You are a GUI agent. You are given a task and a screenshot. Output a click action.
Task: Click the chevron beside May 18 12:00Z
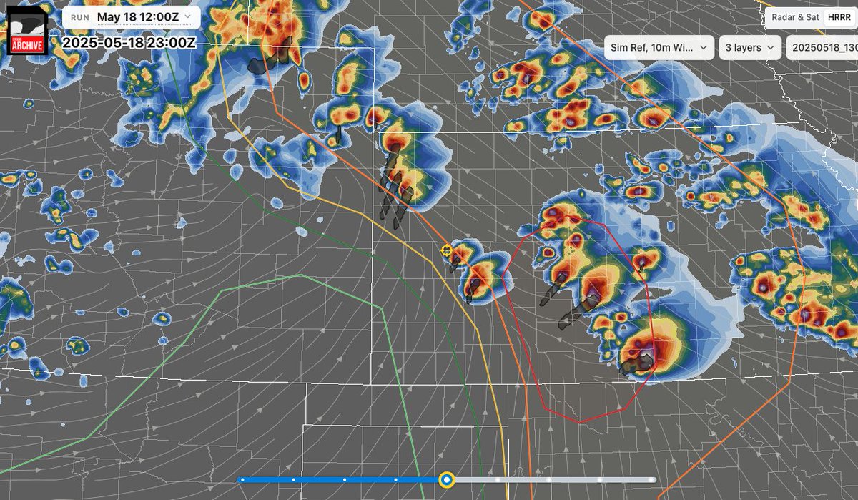pyautogui.click(x=187, y=16)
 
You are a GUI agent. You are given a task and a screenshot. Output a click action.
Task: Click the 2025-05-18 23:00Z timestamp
pyautogui.click(x=128, y=42)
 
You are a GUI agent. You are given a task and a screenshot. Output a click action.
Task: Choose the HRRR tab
pyautogui.click(x=837, y=18)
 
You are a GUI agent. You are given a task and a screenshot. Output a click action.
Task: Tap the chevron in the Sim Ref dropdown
pyautogui.click(x=703, y=48)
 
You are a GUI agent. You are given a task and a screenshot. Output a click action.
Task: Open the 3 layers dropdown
pyautogui.click(x=749, y=48)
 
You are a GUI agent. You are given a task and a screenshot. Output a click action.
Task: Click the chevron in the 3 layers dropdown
pyautogui.click(x=771, y=48)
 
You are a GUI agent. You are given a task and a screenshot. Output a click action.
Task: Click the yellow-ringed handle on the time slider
pyautogui.click(x=447, y=479)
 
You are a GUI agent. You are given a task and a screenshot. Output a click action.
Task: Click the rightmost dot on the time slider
pyautogui.click(x=651, y=479)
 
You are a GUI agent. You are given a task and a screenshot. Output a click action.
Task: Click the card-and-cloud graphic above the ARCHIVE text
pyautogui.click(x=26, y=25)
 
